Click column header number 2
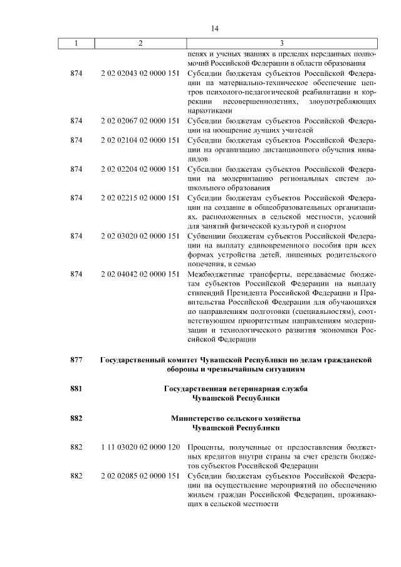coord(140,43)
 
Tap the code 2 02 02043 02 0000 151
coord(140,73)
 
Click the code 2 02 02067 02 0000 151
coord(140,120)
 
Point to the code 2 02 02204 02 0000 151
coord(140,169)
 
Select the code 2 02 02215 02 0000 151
coord(140,197)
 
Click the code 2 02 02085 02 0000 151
coord(140,476)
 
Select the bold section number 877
coord(76,360)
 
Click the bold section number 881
coord(76,388)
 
